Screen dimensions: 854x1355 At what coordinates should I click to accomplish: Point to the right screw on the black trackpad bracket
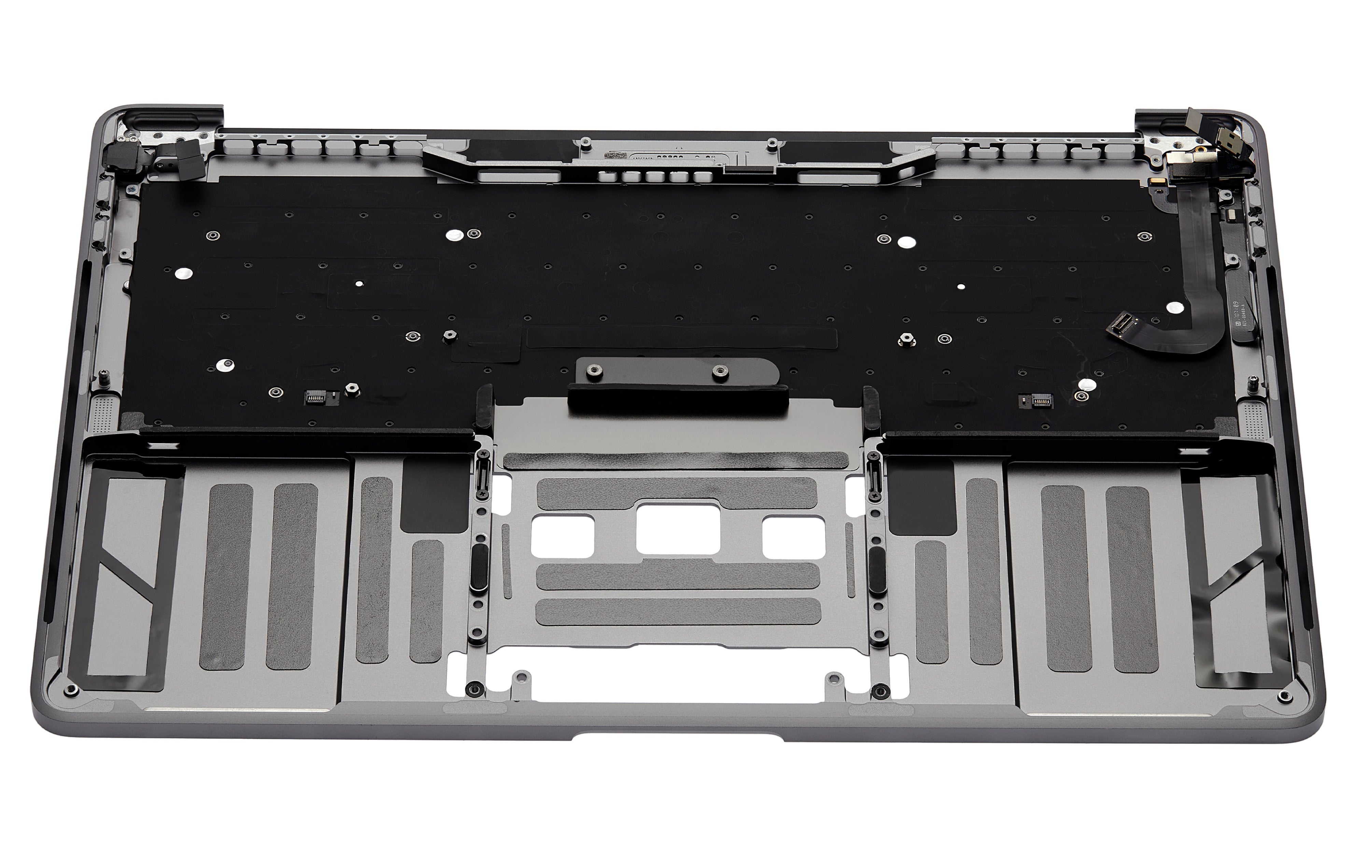(x=718, y=371)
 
